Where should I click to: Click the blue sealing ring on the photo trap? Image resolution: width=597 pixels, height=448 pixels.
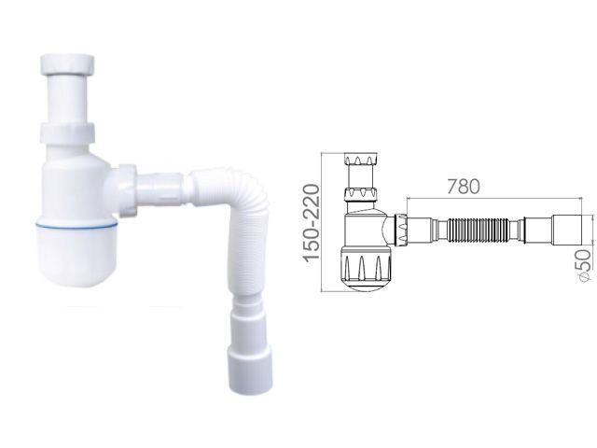[78, 225]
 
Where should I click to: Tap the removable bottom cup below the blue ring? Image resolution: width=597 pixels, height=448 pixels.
[79, 257]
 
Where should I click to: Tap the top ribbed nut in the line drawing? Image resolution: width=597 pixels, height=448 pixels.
[358, 158]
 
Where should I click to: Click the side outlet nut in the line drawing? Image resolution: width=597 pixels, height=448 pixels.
[404, 230]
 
